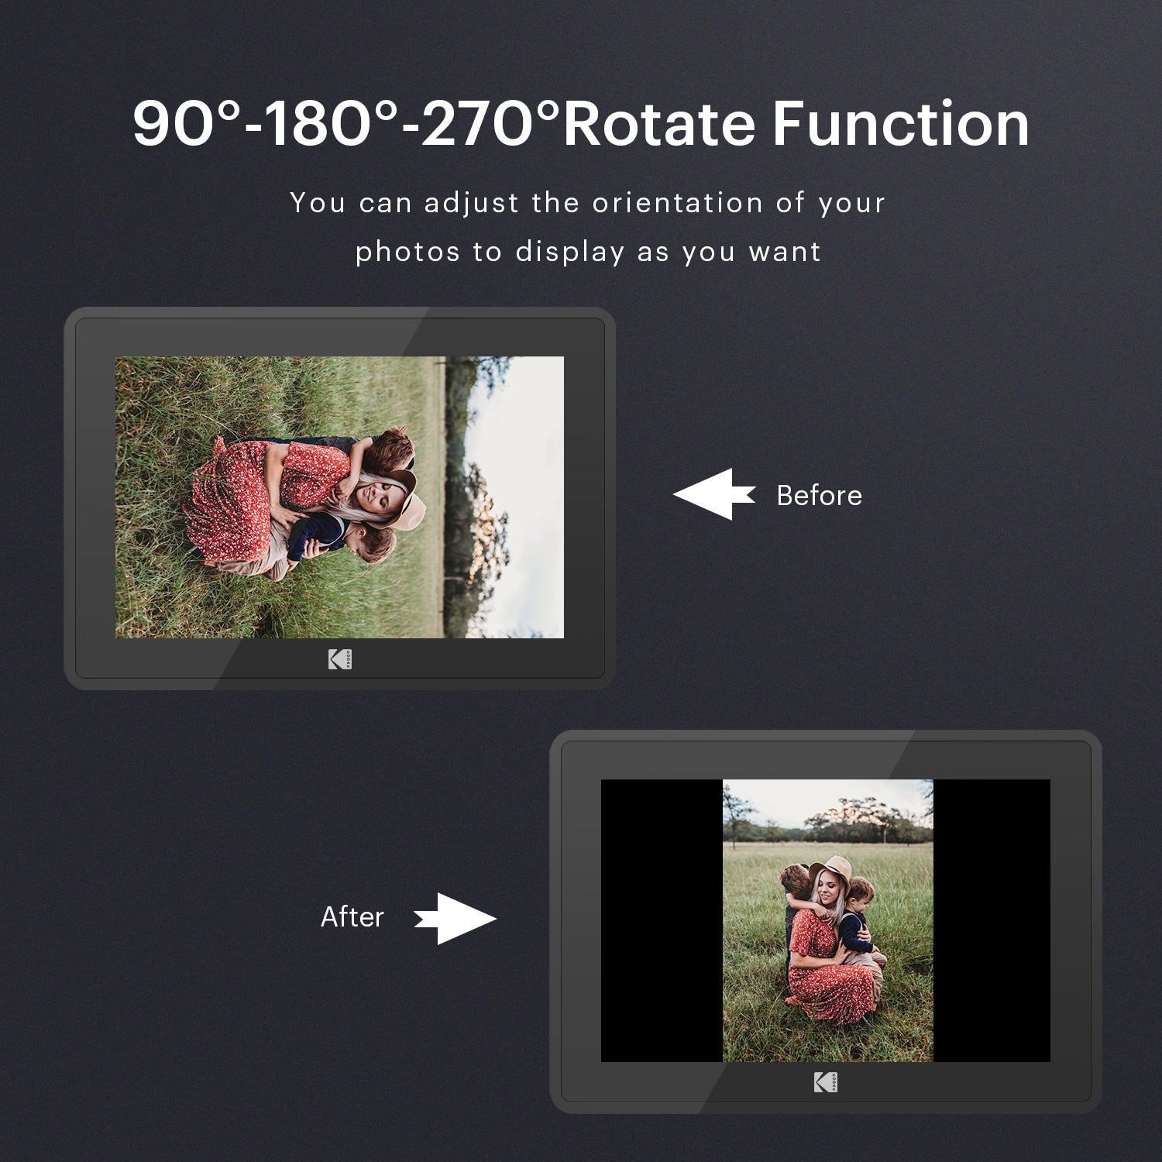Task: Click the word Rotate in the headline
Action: pyautogui.click(x=659, y=124)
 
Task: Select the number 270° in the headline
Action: pyautogui.click(x=490, y=123)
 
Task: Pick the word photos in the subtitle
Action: pyautogui.click(x=407, y=253)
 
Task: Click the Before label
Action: pyautogui.click(x=819, y=495)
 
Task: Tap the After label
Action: pyautogui.click(x=352, y=916)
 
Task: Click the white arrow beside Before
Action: pyautogui.click(x=714, y=494)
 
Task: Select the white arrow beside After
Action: pyautogui.click(x=456, y=919)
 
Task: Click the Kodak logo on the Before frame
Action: pyautogui.click(x=340, y=659)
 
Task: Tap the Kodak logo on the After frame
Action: pyautogui.click(x=826, y=1082)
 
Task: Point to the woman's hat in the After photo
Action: pyautogui.click(x=830, y=871)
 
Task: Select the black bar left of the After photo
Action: pyautogui.click(x=662, y=920)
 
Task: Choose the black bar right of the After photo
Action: pyautogui.click(x=992, y=920)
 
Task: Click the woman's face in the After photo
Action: pyautogui.click(x=828, y=892)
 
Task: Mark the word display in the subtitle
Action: pyautogui.click(x=570, y=253)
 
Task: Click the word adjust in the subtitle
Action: pyautogui.click(x=472, y=204)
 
